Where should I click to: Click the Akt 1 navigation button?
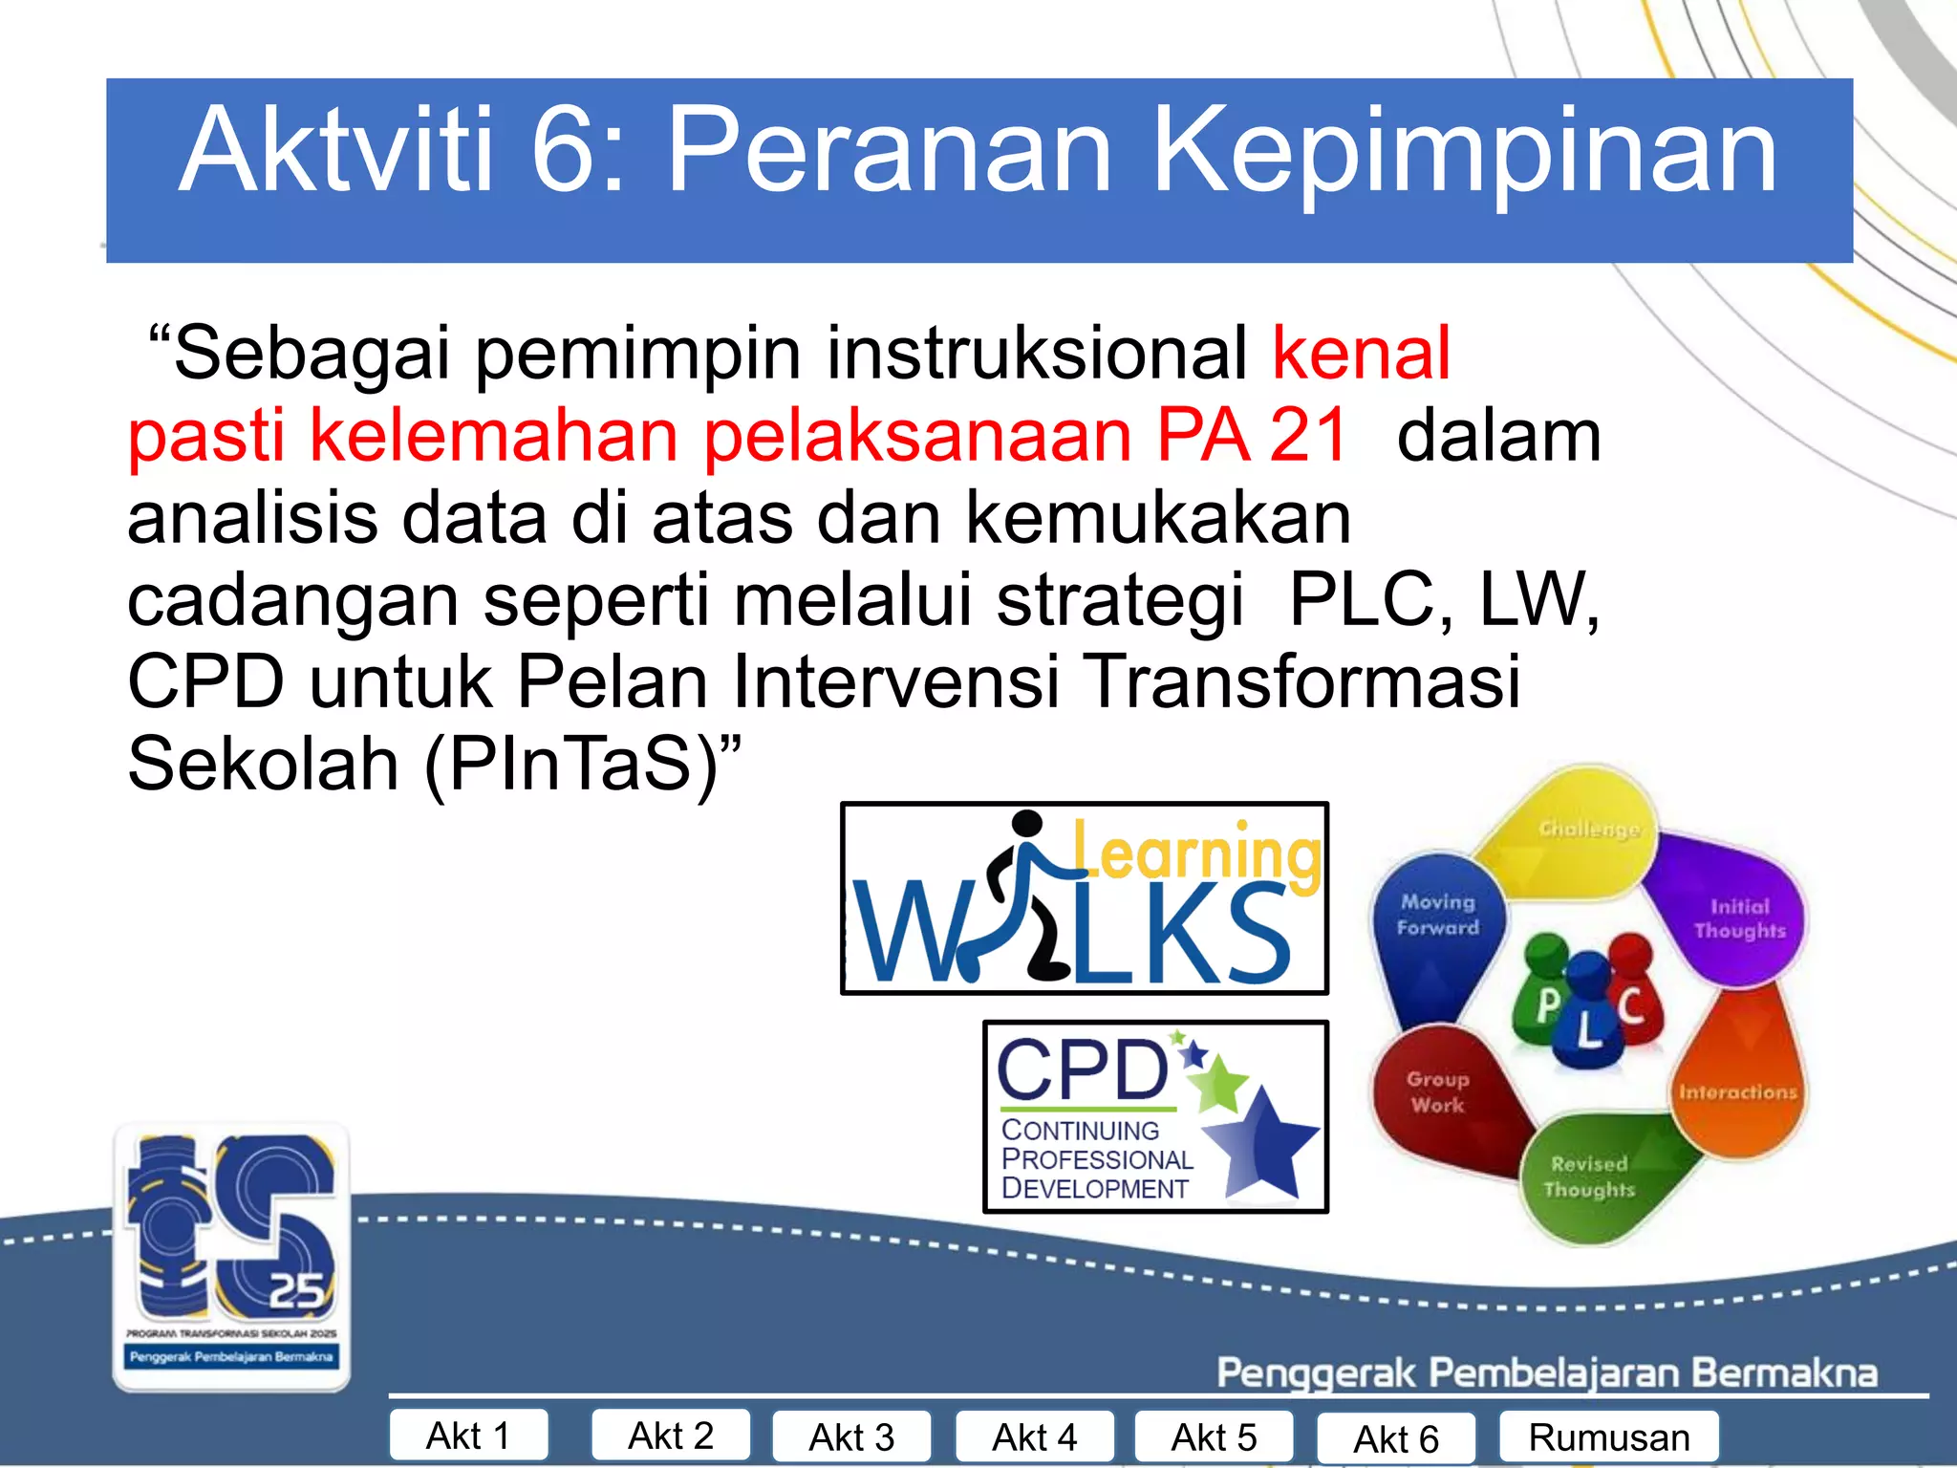pos(468,1436)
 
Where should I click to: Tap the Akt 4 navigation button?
pos(1034,1437)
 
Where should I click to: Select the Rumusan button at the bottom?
pos(1608,1437)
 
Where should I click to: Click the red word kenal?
pos(1361,354)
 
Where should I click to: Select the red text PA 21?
pos(1252,436)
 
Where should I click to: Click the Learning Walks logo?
pos(1084,898)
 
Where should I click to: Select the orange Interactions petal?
pos(1737,1090)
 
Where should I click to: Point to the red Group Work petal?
pos(1438,1094)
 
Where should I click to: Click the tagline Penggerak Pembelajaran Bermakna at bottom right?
pos(1546,1372)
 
